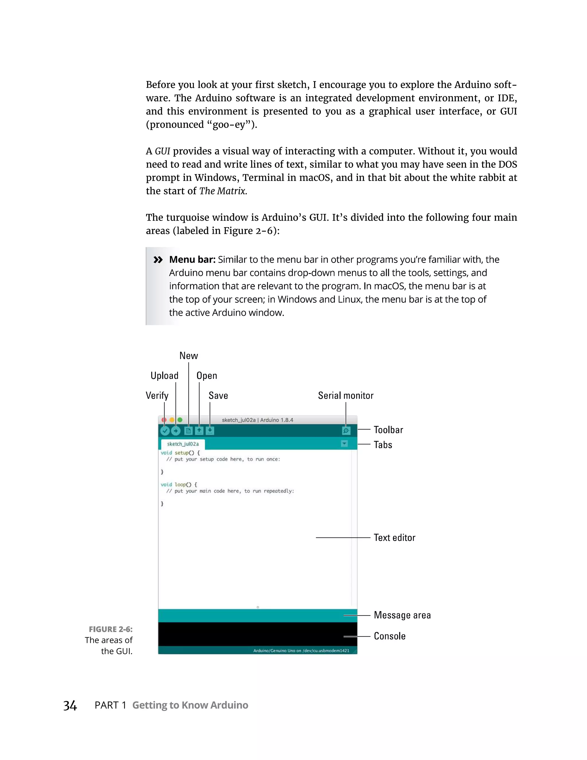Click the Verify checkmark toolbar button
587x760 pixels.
[x=165, y=431]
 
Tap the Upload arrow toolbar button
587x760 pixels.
[x=176, y=431]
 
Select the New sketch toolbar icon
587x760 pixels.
[x=188, y=431]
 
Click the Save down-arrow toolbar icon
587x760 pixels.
[x=210, y=431]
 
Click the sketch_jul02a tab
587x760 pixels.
[x=183, y=444]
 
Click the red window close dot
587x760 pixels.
[x=164, y=420]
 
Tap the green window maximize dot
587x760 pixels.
[x=180, y=420]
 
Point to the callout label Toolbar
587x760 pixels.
[x=388, y=430]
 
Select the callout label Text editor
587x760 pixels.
[x=394, y=538]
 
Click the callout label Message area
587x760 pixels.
[x=402, y=615]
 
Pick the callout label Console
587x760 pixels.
[x=390, y=636]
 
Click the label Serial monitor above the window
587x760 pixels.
[x=345, y=396]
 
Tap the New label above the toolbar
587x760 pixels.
[x=189, y=356]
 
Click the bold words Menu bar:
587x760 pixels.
[x=192, y=260]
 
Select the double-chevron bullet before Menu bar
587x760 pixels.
[x=158, y=260]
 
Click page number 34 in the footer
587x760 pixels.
[x=70, y=706]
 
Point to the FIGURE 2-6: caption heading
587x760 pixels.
[x=111, y=629]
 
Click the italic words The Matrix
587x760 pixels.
[x=223, y=191]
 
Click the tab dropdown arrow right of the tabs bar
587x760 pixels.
[x=344, y=444]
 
